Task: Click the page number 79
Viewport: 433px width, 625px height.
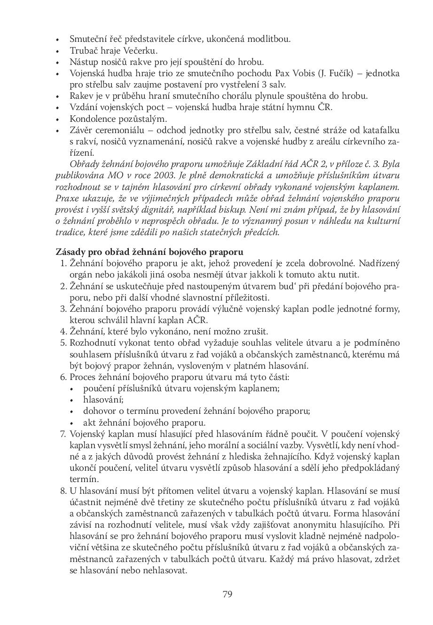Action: [227, 594]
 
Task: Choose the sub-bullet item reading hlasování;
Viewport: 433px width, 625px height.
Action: [96, 400]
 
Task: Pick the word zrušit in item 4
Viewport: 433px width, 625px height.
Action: [256, 332]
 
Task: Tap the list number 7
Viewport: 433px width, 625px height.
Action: [63, 434]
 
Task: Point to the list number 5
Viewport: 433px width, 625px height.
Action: [63, 343]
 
